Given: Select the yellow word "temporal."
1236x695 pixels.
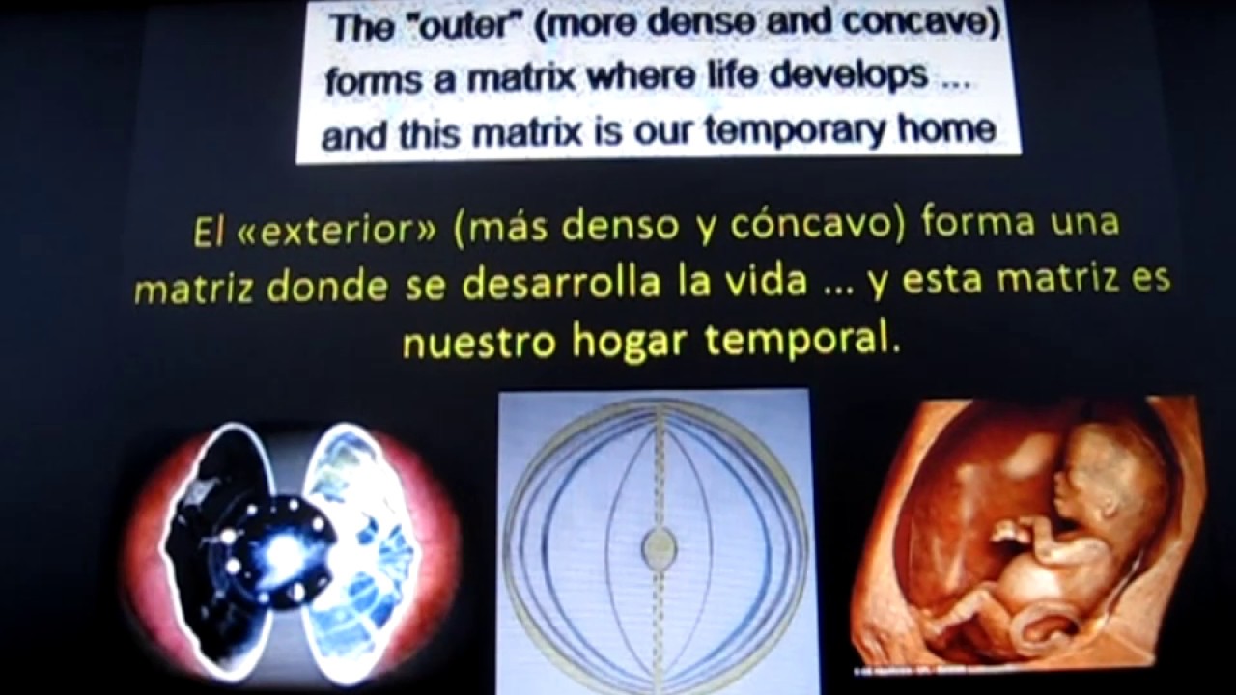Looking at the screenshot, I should coord(803,341).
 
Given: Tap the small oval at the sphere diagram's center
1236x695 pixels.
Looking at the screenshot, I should coord(660,549).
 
